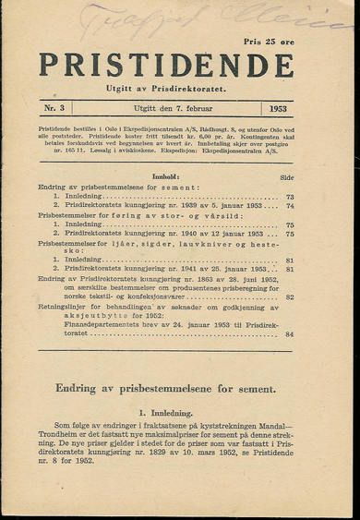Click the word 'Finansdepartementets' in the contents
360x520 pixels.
[x=89, y=324]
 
